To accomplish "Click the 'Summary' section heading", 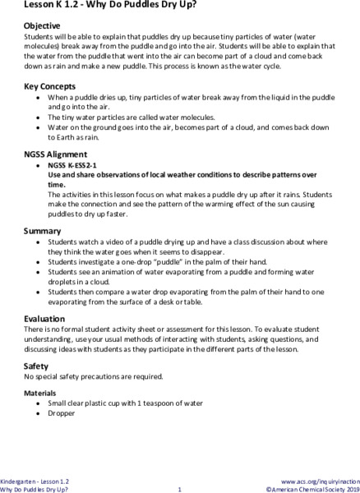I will click(x=42, y=231).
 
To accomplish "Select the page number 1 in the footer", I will click(x=179, y=489).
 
